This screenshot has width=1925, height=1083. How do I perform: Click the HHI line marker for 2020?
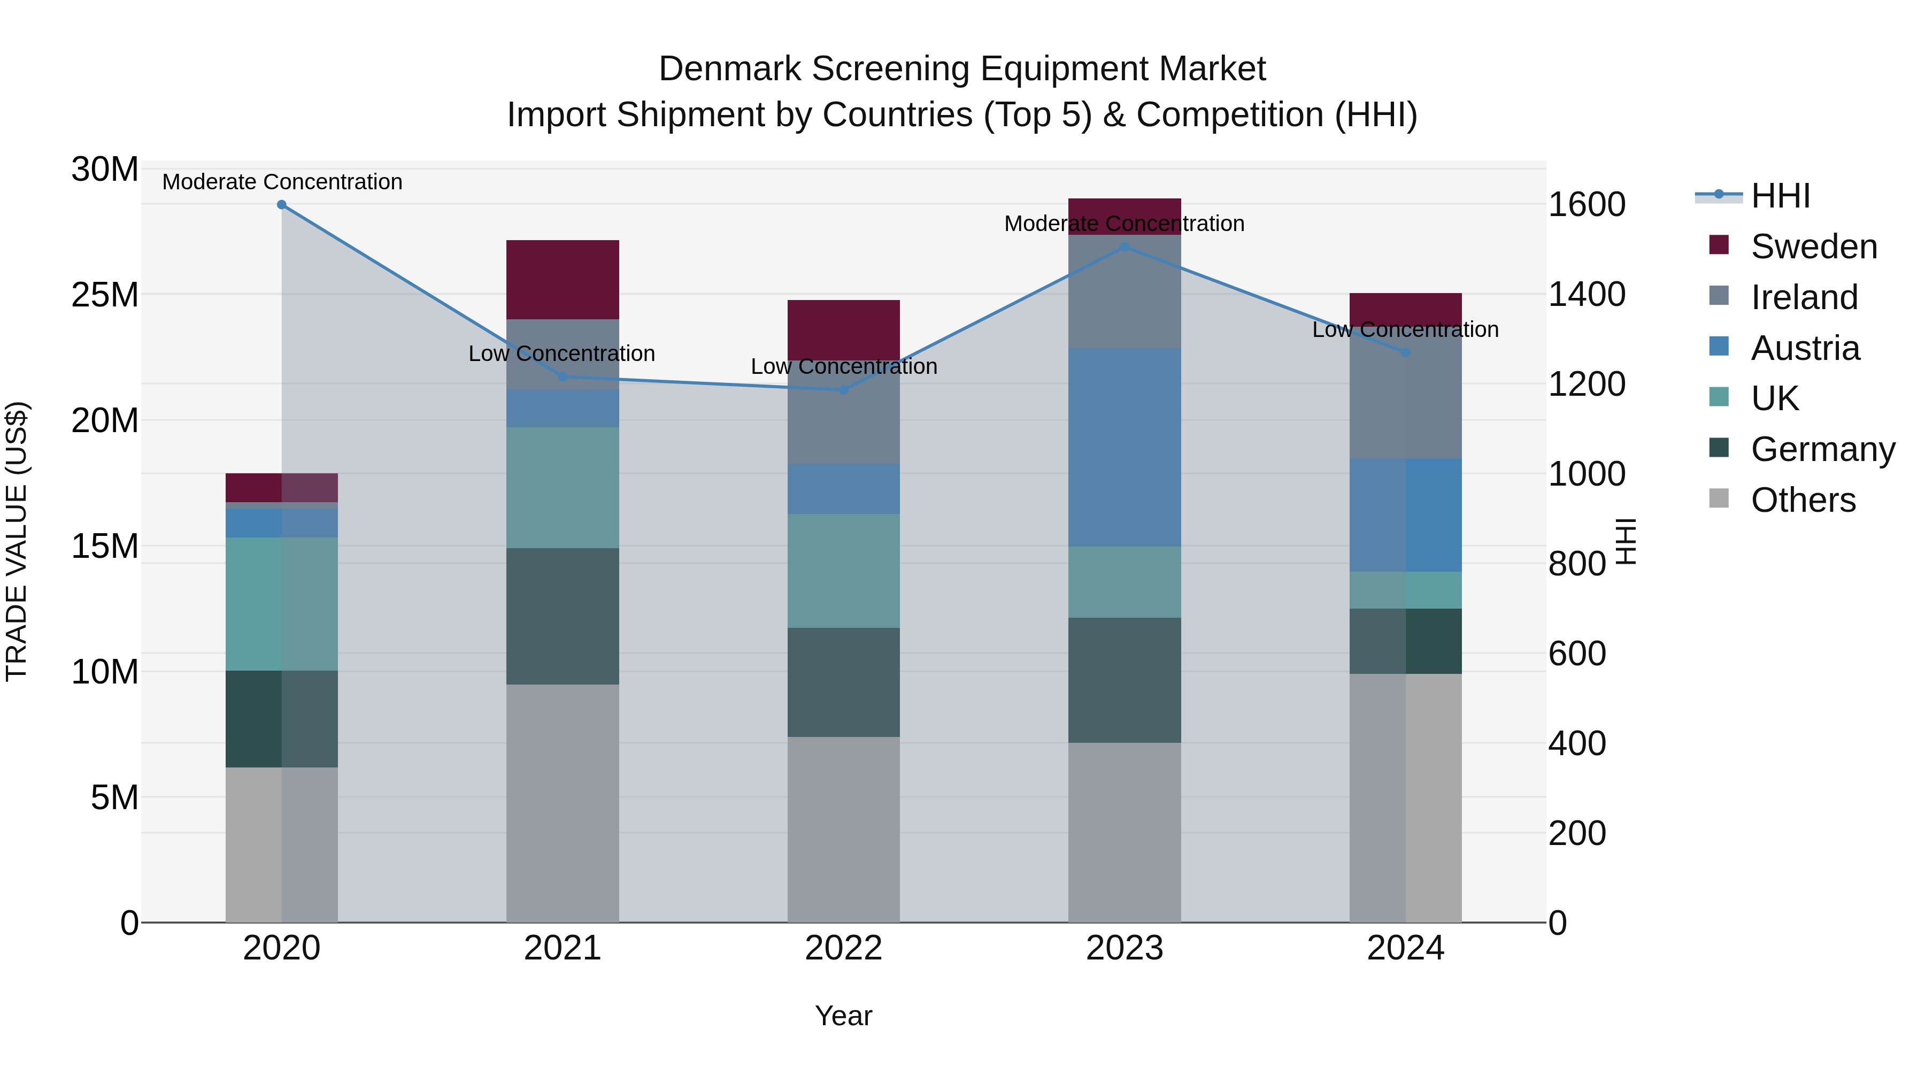(282, 205)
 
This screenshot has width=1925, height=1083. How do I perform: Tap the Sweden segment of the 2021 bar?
(563, 280)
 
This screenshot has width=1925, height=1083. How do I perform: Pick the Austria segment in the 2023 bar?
(1125, 447)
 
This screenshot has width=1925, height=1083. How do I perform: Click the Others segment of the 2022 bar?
(844, 829)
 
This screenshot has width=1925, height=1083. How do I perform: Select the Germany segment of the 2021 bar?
(563, 616)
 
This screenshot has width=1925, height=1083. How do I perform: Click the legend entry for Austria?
(1804, 348)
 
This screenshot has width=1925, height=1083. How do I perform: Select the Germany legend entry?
(1822, 449)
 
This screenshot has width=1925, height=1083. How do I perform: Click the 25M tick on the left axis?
(105, 295)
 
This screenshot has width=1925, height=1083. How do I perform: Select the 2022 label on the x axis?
(844, 948)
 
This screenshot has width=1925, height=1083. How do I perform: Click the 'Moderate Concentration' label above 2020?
(282, 182)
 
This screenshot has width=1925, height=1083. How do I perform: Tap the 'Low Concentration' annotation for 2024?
(1405, 329)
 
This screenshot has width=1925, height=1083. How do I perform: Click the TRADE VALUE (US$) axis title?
(17, 541)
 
